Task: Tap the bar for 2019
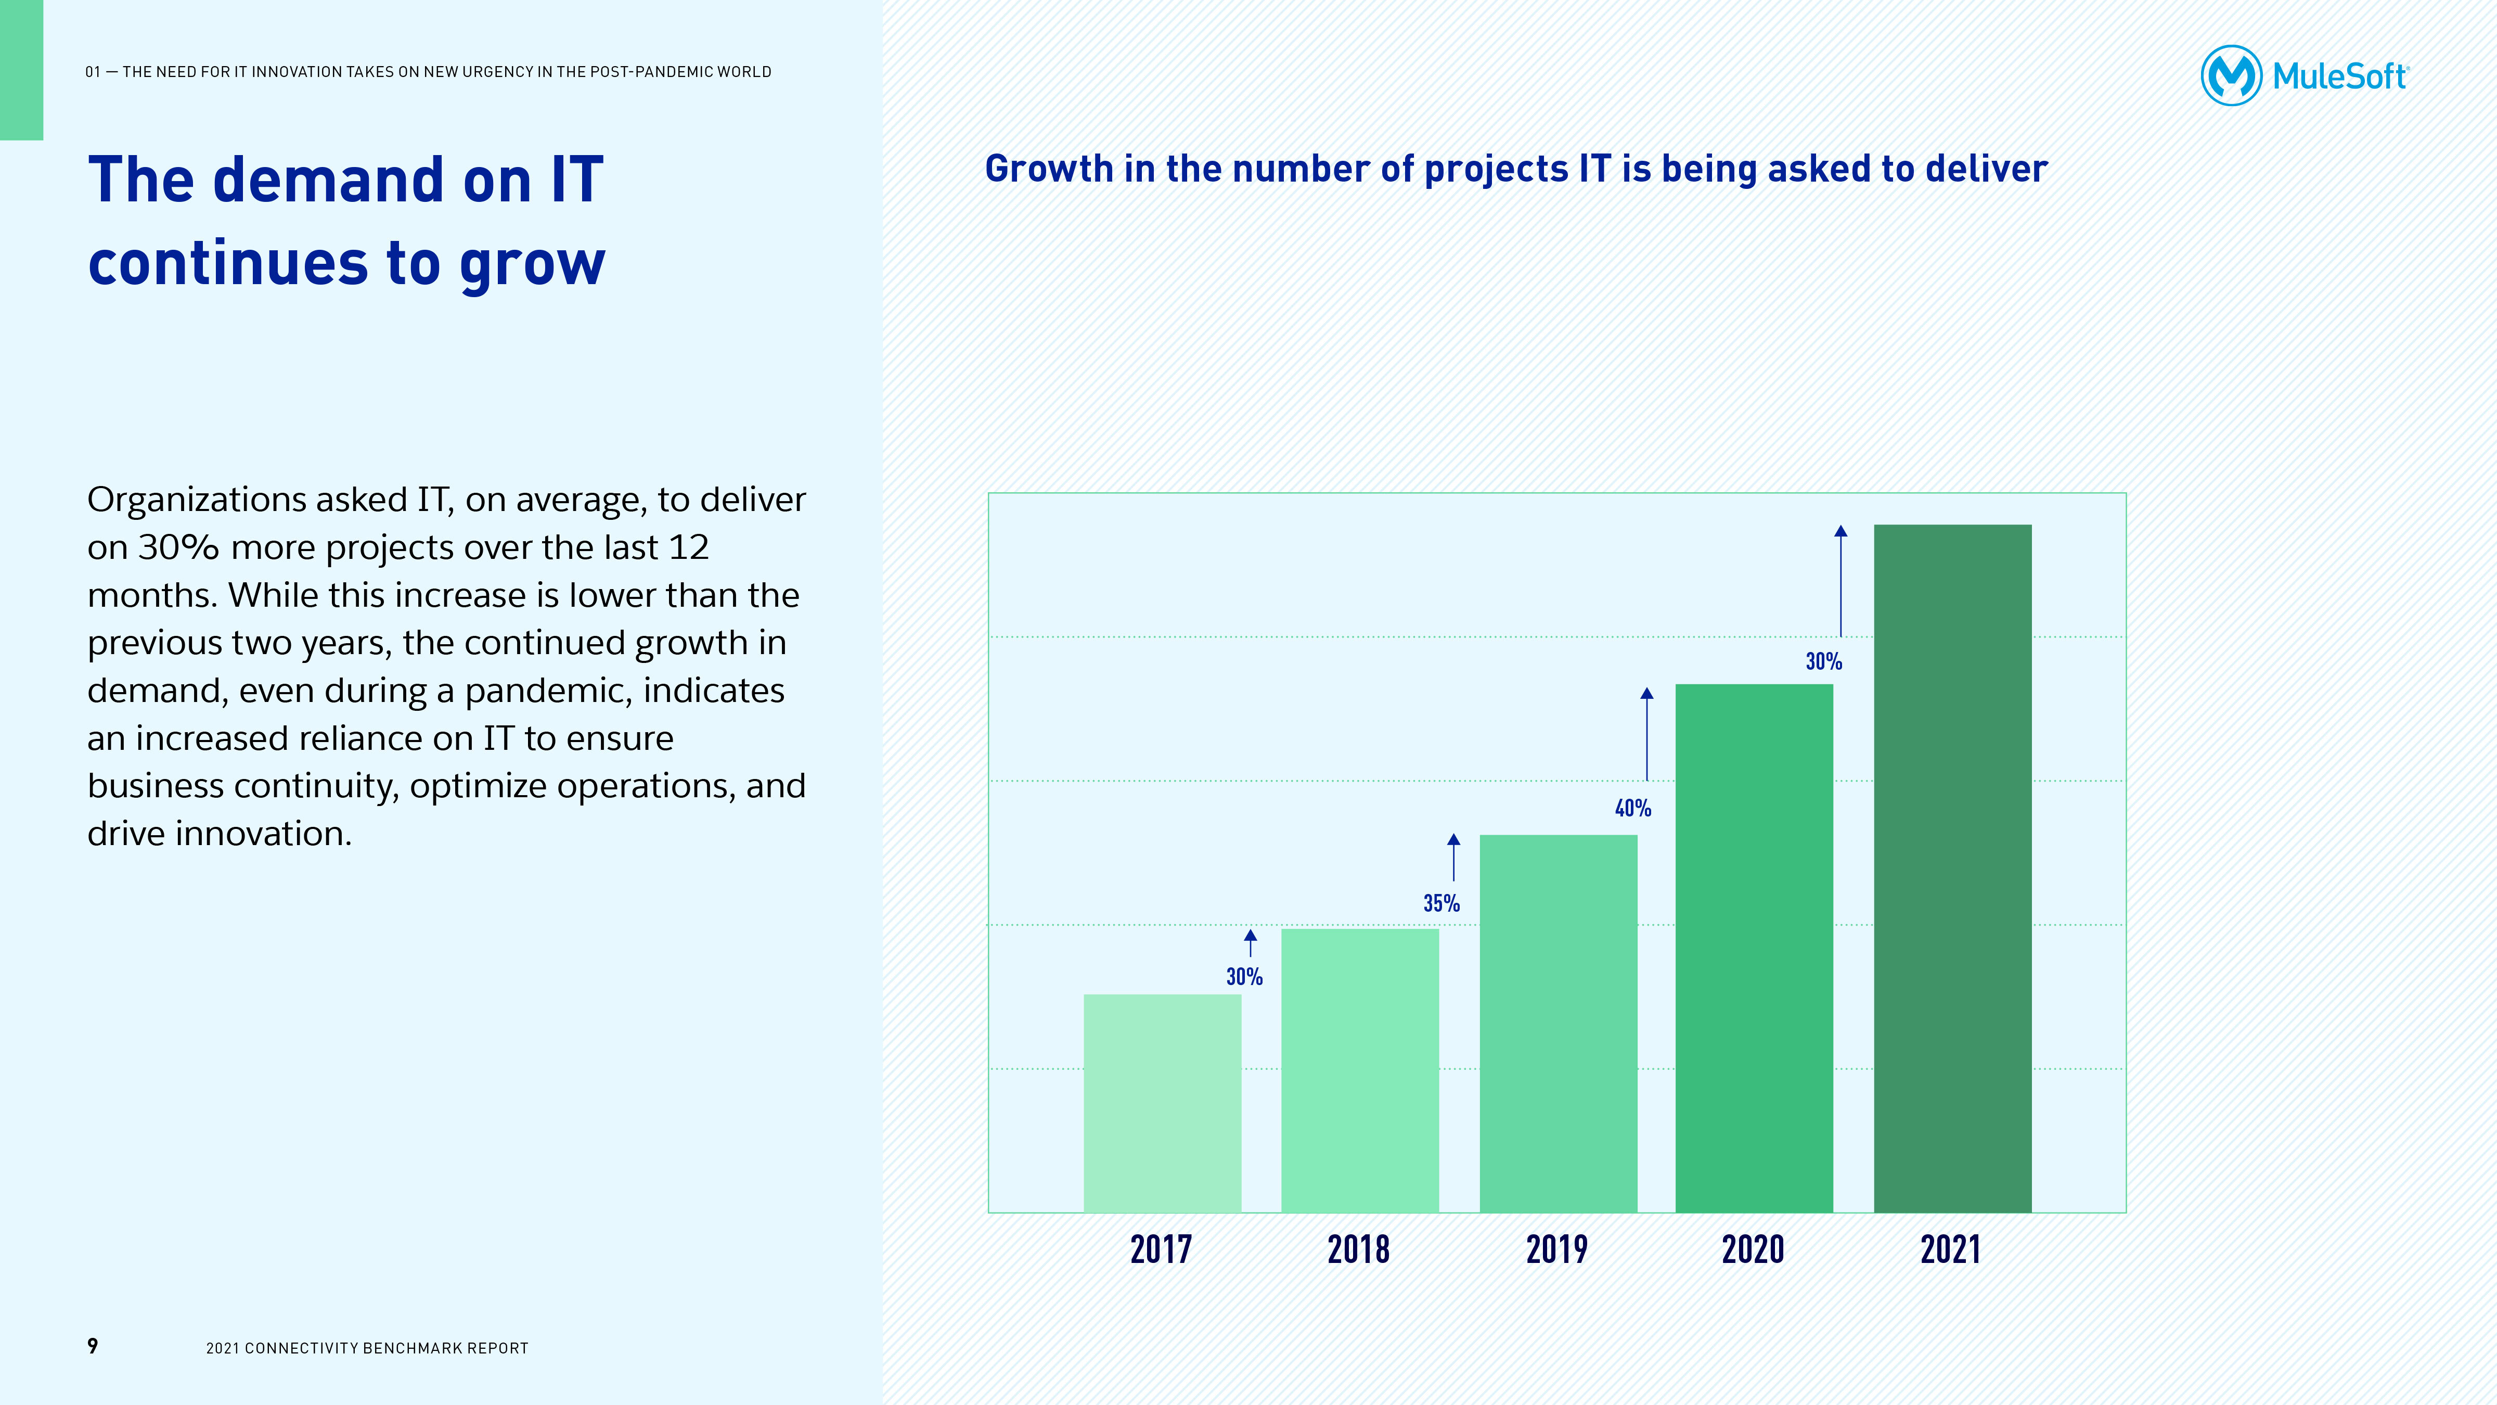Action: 1558,1023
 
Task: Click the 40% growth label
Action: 1632,808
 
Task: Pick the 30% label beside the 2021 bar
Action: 1823,661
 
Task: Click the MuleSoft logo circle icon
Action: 2231,75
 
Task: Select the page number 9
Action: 93,1346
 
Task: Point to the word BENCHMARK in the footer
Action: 403,1348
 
